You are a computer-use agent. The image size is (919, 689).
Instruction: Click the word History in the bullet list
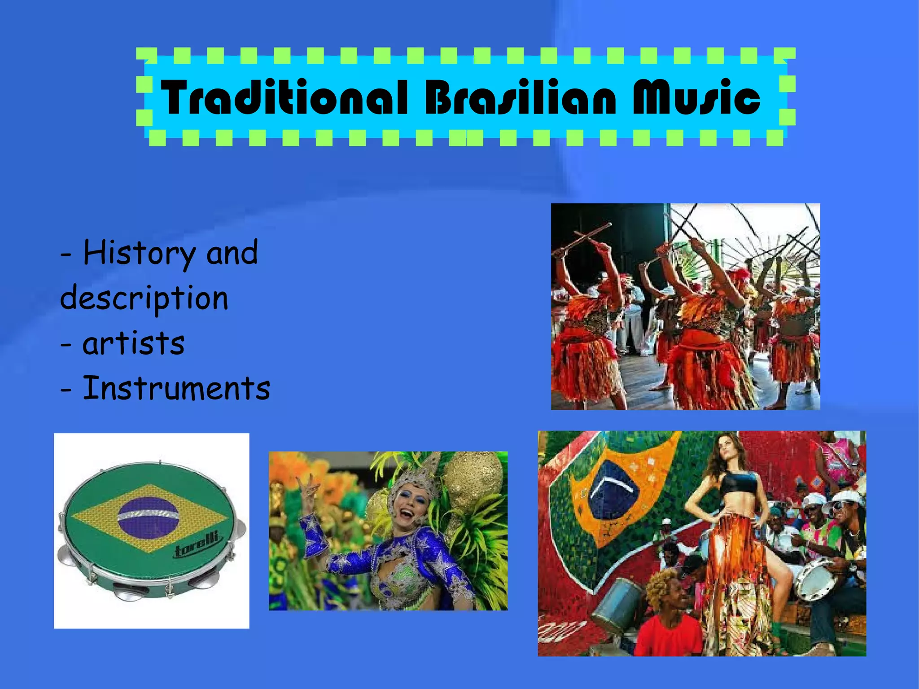[139, 254]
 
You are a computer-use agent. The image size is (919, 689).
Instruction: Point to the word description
[144, 299]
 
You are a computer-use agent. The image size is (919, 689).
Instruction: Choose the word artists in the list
[133, 344]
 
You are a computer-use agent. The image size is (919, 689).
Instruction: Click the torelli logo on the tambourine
[197, 545]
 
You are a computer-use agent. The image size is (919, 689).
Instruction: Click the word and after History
[232, 253]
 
